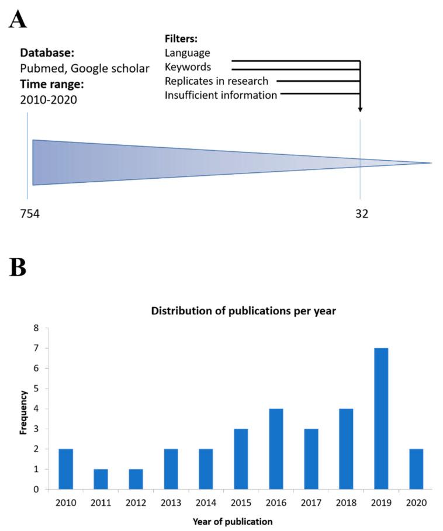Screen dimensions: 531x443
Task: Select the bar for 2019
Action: click(x=379, y=418)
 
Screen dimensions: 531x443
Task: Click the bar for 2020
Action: click(x=416, y=468)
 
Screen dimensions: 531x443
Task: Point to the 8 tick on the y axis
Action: click(x=36, y=328)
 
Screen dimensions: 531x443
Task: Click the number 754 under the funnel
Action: click(x=30, y=214)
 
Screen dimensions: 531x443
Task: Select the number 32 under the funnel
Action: click(x=362, y=214)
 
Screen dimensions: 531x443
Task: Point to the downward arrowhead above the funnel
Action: click(x=360, y=109)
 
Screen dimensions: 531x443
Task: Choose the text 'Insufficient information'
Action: click(x=221, y=95)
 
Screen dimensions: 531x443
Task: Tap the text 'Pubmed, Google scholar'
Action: click(x=84, y=68)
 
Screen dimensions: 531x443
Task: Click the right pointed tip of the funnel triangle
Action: click(x=431, y=163)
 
